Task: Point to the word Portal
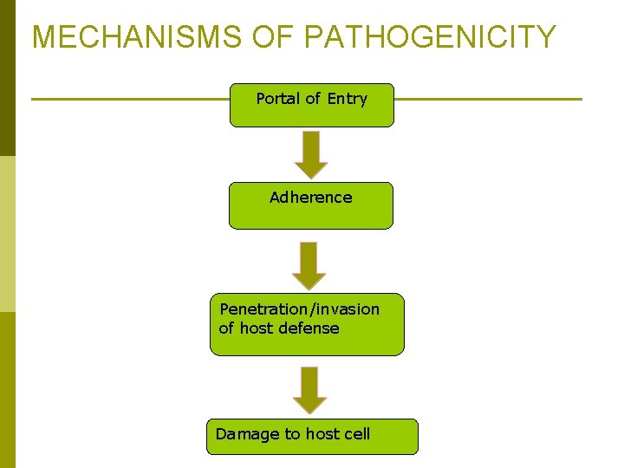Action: tap(277, 99)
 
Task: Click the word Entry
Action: tap(348, 99)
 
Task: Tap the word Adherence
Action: tap(310, 197)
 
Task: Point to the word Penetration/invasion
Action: tap(299, 309)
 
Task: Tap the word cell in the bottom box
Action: tap(357, 433)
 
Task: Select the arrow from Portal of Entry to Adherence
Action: tap(310, 153)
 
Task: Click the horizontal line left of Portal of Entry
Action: tap(130, 99)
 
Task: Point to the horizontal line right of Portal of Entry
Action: tap(487, 99)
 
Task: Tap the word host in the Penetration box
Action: tap(257, 328)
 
